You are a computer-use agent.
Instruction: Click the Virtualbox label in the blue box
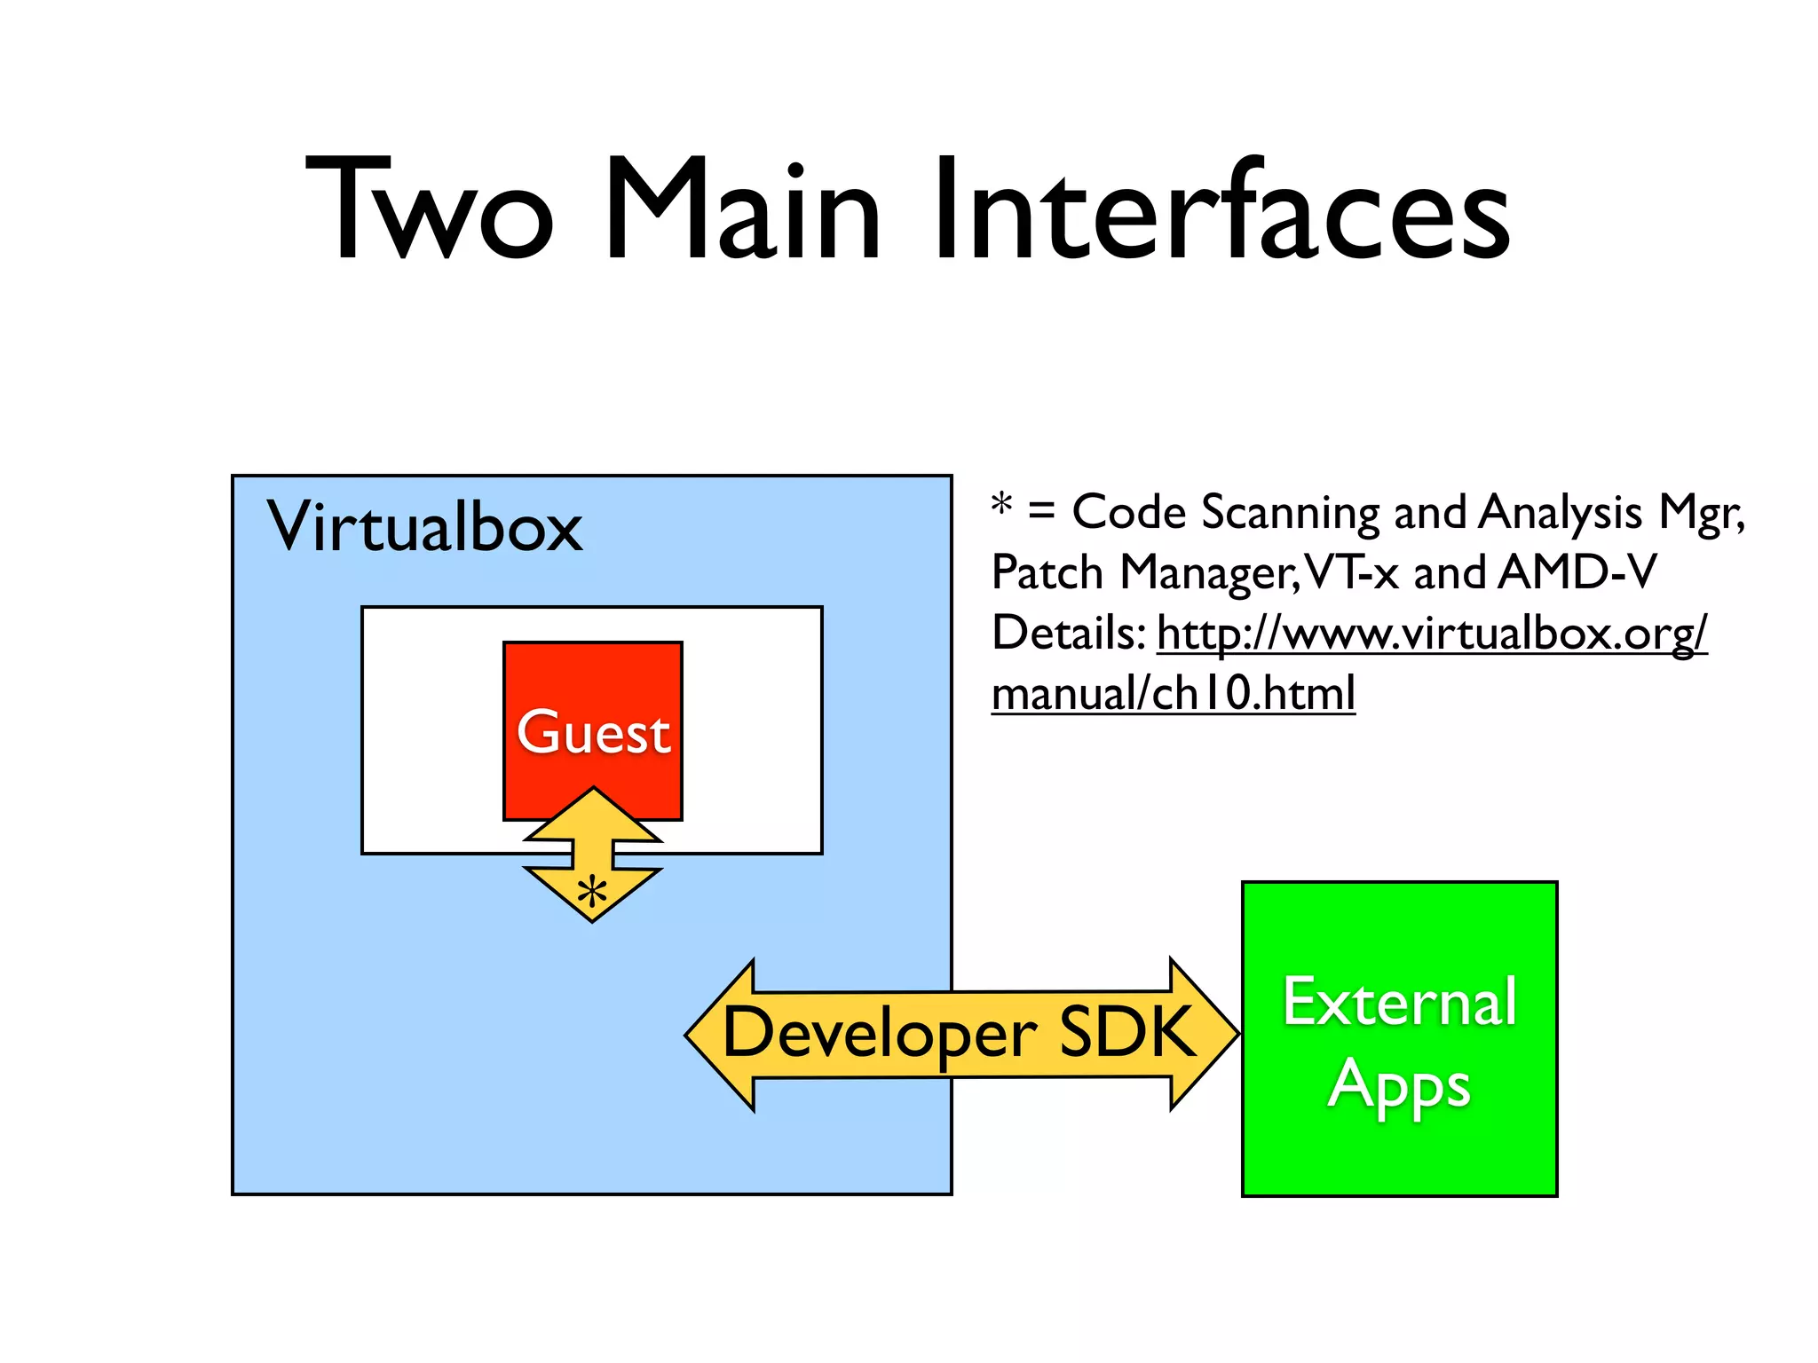[x=424, y=527]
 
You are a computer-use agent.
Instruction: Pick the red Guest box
[x=593, y=710]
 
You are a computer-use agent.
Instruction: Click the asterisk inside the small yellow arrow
[x=592, y=892]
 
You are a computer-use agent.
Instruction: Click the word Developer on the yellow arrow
[x=880, y=1034]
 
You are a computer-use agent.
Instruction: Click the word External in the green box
[x=1399, y=1003]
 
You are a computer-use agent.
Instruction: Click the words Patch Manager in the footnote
[x=1145, y=572]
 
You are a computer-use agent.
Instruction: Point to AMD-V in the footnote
[x=1577, y=572]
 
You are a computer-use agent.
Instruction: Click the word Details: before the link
[x=1069, y=634]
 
